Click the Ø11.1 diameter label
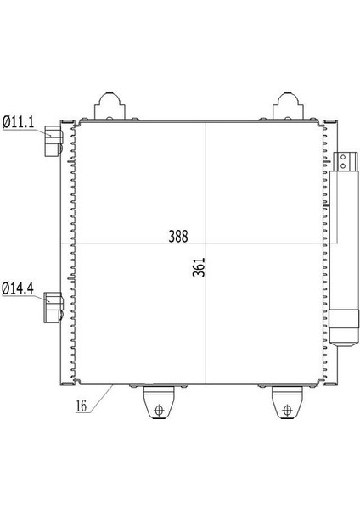18,122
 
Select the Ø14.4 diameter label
18,288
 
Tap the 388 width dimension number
178,237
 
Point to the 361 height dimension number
199,267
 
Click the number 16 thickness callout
82,406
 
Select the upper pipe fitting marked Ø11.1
53,141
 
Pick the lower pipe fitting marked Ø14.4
53,308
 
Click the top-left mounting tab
110,107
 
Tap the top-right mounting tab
288,107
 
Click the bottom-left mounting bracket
159,402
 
